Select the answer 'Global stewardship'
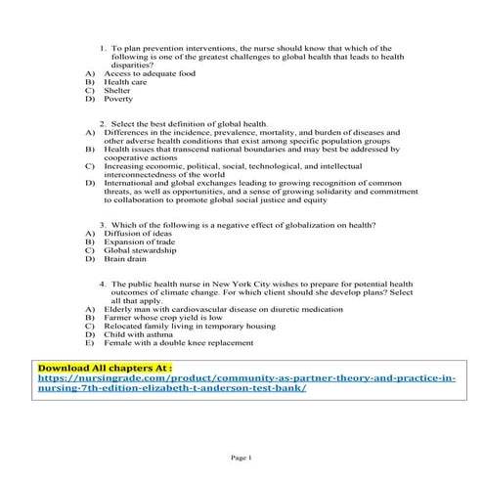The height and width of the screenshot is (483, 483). (x=139, y=250)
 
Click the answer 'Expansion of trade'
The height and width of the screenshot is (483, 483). (x=138, y=242)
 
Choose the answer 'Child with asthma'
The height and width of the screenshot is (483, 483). (x=136, y=335)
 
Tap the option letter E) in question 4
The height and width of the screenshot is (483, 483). (x=89, y=344)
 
